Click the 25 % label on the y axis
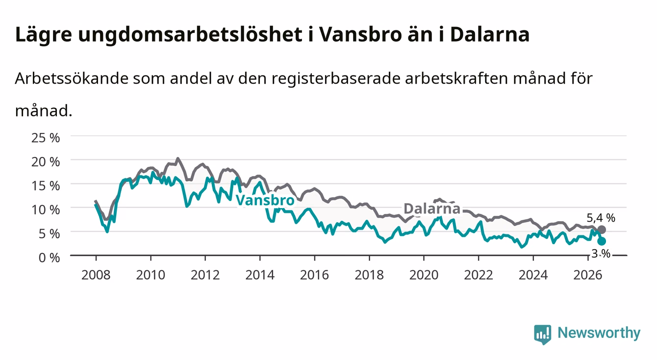tap(46, 138)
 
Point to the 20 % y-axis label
tap(46, 162)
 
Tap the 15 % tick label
tap(46, 186)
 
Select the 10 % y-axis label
tap(46, 210)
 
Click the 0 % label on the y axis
tap(49, 257)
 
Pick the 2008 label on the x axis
tap(96, 275)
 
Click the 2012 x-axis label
tap(205, 275)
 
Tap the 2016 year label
tap(314, 275)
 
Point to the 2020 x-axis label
tap(424, 275)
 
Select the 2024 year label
tap(533, 275)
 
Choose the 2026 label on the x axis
tap(588, 275)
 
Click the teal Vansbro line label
tap(265, 200)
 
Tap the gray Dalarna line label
tap(432, 208)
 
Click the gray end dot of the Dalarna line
tap(601, 230)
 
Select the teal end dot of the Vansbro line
tap(601, 241)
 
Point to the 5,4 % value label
tap(601, 218)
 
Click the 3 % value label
tap(601, 254)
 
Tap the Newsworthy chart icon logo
tap(542, 334)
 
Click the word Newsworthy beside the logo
tap(599, 333)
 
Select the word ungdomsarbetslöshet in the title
tap(190, 35)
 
